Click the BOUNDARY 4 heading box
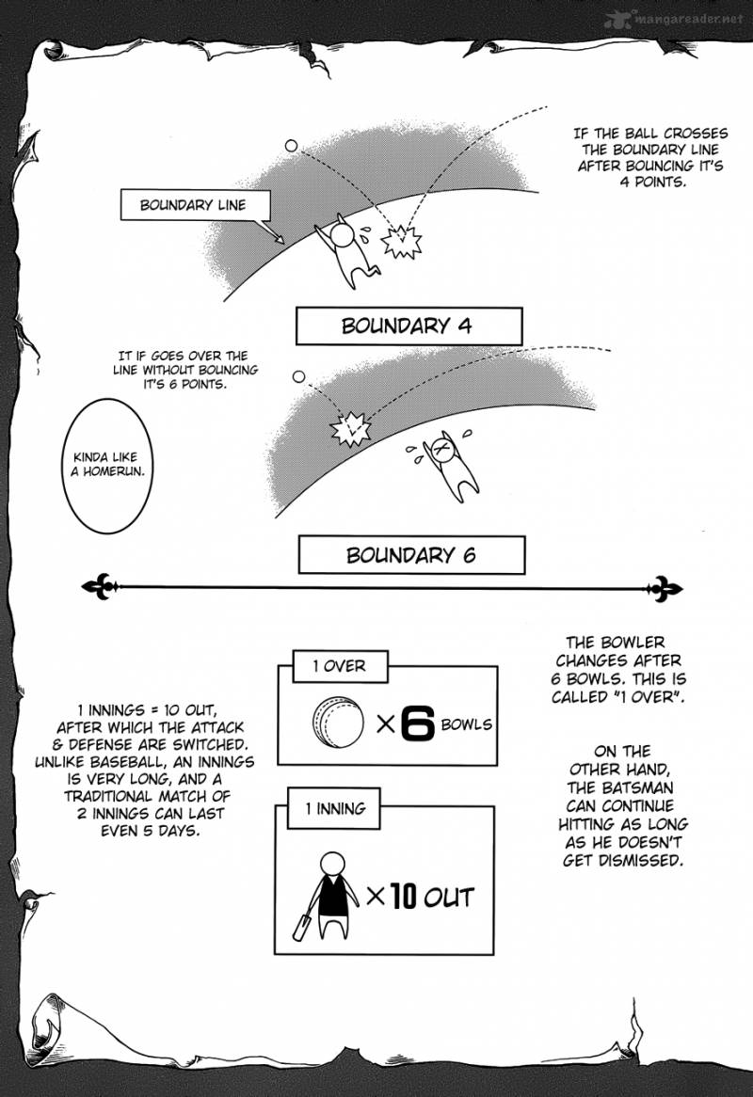(x=408, y=327)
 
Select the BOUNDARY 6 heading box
(x=410, y=555)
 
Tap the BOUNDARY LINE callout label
(x=192, y=205)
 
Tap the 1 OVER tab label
(x=339, y=666)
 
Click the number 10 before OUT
(x=403, y=896)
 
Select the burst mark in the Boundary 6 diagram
(x=347, y=430)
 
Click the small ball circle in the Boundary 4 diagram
(x=291, y=147)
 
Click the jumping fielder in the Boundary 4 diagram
(x=350, y=250)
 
